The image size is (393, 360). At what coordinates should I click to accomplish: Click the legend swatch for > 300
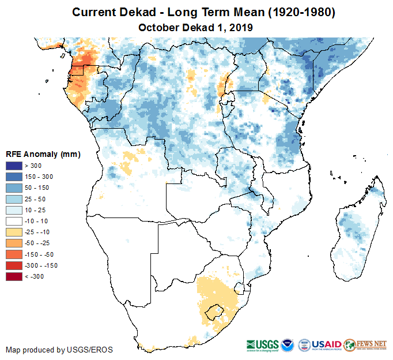pyautogui.click(x=14, y=166)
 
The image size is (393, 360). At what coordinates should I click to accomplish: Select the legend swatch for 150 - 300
pyautogui.click(x=14, y=177)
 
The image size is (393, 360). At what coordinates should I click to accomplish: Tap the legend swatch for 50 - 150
pyautogui.click(x=14, y=188)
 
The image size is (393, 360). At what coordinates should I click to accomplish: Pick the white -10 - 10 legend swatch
pyautogui.click(x=14, y=221)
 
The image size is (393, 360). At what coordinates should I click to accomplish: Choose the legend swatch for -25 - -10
pyautogui.click(x=14, y=232)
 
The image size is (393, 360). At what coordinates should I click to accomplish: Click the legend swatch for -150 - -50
pyautogui.click(x=14, y=254)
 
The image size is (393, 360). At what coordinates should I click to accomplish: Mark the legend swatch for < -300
pyautogui.click(x=14, y=276)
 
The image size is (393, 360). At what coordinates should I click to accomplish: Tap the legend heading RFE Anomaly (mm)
pyautogui.click(x=43, y=154)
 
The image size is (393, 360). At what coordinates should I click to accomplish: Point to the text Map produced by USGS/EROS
pyautogui.click(x=59, y=350)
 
